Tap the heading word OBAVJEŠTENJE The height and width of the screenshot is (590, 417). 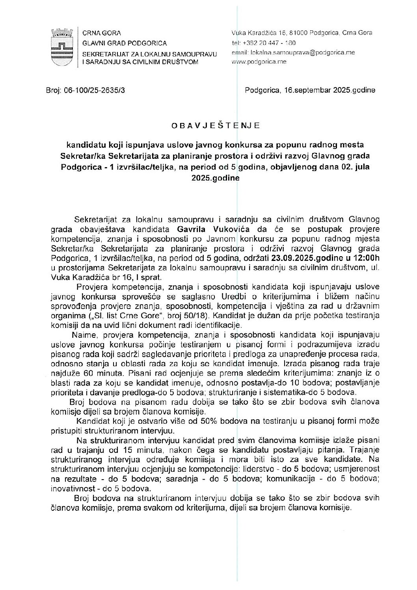(x=216, y=126)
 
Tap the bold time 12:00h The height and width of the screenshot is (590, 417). (x=367, y=259)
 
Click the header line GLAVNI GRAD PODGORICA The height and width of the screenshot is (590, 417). (x=124, y=43)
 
